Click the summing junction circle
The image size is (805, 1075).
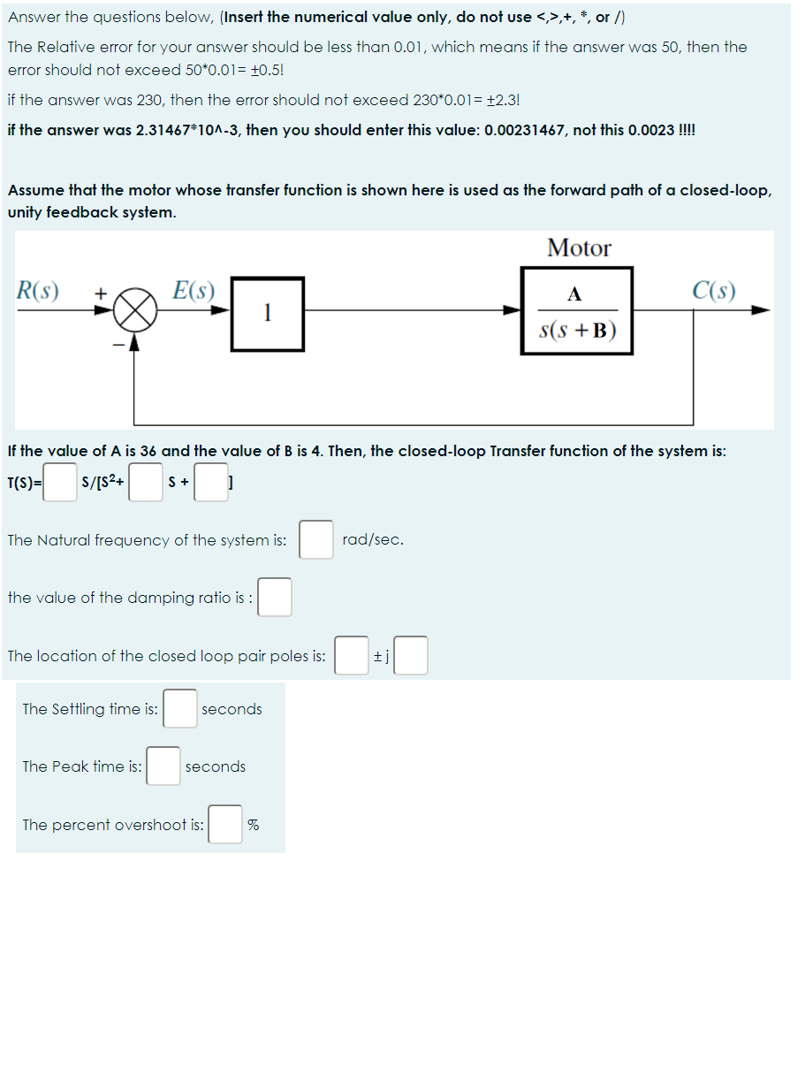click(135, 311)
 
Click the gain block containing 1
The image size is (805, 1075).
click(267, 313)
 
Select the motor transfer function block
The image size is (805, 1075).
click(577, 311)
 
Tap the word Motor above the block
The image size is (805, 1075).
click(579, 248)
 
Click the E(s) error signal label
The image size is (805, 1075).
click(194, 290)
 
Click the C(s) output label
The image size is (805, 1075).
click(714, 290)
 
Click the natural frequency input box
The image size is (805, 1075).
click(315, 539)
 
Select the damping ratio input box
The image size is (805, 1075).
click(275, 597)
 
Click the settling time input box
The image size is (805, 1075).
click(179, 708)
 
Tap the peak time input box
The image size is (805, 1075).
click(163, 766)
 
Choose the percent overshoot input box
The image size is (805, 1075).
click(225, 824)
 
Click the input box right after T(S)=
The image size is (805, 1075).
click(61, 483)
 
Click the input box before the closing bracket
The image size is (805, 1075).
click(210, 483)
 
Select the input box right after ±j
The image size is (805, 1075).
click(411, 655)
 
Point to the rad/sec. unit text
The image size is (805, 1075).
click(373, 539)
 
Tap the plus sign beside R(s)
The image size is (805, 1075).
click(101, 292)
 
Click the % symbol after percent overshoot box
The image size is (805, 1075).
click(254, 825)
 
